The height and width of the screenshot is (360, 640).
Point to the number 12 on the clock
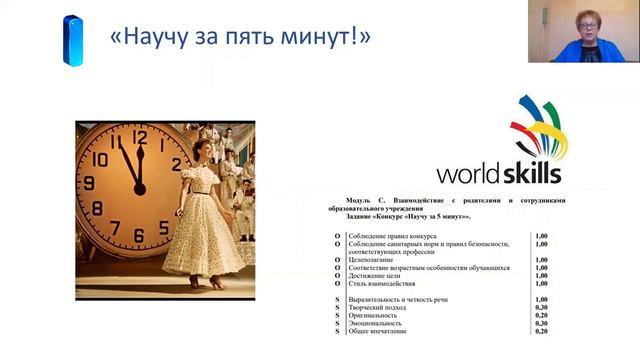(x=139, y=138)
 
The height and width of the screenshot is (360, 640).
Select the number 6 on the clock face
(x=139, y=237)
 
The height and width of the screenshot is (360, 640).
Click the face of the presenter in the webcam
(x=582, y=22)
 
